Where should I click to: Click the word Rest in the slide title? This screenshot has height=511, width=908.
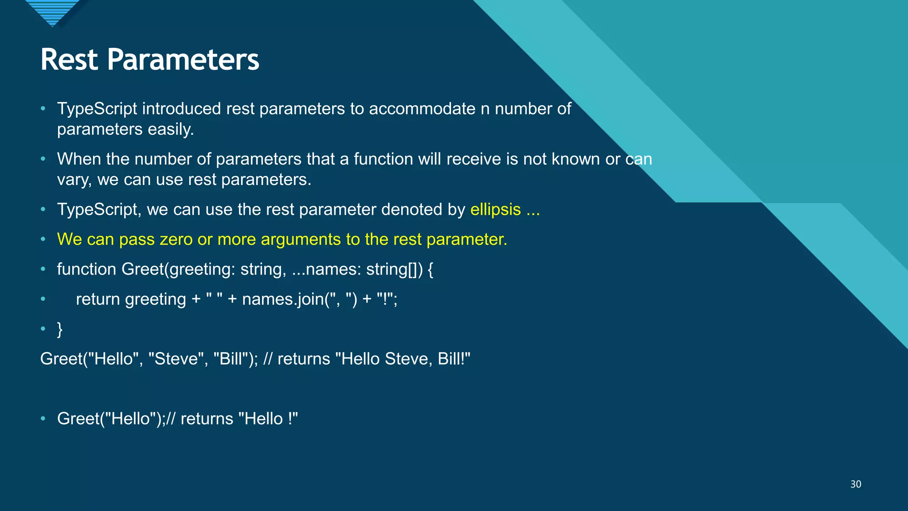[69, 60]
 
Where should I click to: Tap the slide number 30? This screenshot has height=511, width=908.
[856, 484]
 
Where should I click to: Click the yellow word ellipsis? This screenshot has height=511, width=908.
[495, 209]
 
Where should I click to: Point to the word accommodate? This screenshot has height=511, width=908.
[422, 109]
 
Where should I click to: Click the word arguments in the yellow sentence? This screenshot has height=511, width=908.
[301, 240]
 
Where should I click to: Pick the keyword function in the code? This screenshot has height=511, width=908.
[86, 269]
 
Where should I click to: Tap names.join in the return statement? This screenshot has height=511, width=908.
[282, 299]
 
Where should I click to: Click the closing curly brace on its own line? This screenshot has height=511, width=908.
[60, 329]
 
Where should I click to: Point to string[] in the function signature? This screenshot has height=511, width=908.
[391, 269]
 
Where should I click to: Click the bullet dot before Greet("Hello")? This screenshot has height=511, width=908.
[43, 418]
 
